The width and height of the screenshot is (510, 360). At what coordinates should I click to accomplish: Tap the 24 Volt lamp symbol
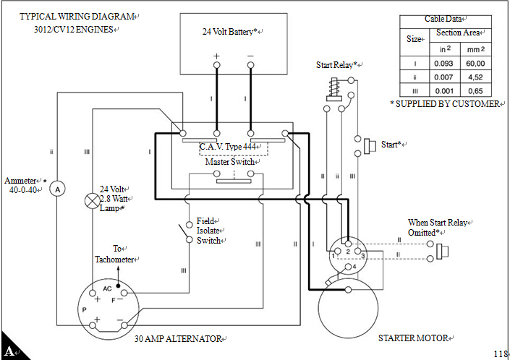click(92, 200)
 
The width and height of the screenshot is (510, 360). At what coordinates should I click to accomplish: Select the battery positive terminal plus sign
click(216, 56)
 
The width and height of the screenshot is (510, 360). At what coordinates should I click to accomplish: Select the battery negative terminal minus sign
click(250, 56)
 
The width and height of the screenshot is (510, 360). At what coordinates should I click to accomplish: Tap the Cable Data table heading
click(445, 20)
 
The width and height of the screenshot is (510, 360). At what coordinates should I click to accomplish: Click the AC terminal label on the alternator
click(107, 288)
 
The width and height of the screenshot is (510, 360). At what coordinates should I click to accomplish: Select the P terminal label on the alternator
click(85, 309)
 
